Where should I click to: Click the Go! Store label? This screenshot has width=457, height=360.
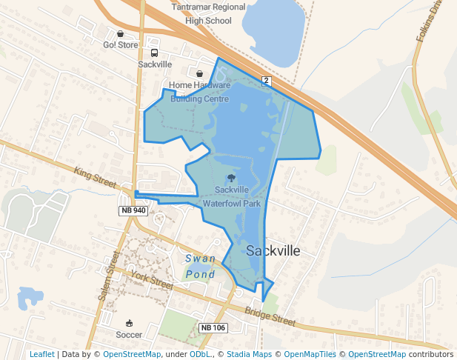click(121, 45)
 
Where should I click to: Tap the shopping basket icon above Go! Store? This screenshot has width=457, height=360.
click(121, 33)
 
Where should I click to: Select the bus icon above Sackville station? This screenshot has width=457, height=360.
click(154, 53)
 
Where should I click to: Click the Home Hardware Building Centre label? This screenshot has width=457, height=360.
click(199, 92)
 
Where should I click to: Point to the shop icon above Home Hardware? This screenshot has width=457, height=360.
click(199, 73)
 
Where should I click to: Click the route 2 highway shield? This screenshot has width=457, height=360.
click(266, 79)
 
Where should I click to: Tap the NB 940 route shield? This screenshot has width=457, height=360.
click(133, 211)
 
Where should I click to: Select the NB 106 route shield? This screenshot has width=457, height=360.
click(213, 327)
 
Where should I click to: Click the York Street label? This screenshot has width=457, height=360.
click(151, 279)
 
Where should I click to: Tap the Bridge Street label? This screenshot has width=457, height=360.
click(270, 317)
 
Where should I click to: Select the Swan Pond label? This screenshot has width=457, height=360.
click(200, 267)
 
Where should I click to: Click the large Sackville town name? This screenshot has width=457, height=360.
click(273, 250)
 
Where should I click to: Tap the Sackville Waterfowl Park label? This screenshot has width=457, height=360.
click(232, 196)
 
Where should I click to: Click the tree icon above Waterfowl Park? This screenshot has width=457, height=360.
click(232, 178)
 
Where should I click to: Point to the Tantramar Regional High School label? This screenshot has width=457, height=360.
click(207, 13)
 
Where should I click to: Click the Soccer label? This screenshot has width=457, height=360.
click(130, 335)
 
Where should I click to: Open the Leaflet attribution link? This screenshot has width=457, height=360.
click(42, 355)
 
